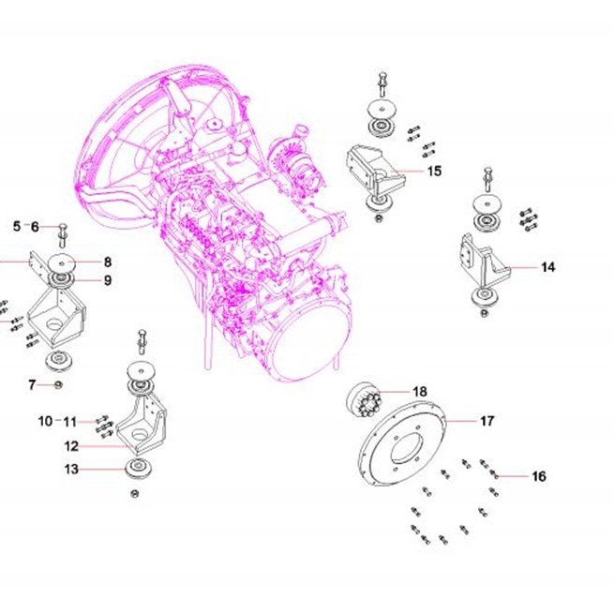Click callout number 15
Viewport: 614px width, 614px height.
coord(434,172)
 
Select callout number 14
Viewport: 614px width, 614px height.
coord(548,267)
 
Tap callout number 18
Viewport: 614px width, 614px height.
coord(420,392)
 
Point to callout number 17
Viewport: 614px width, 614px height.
coord(487,421)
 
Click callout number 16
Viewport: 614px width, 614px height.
coord(539,476)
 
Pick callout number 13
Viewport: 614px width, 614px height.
coord(71,469)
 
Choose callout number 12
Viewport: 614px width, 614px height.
coord(71,446)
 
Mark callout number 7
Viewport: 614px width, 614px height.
coord(32,385)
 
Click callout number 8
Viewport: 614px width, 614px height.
coord(108,262)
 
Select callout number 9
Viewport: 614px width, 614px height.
coord(108,280)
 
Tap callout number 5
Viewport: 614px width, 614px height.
coord(17,226)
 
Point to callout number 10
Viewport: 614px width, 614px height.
coord(45,421)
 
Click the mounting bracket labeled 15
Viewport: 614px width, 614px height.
coord(375,172)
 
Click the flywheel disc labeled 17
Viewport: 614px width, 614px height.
coord(403,442)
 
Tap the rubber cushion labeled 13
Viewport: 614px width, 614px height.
coord(138,468)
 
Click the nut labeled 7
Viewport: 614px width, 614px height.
coord(58,385)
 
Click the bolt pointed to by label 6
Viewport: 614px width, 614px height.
coord(63,235)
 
